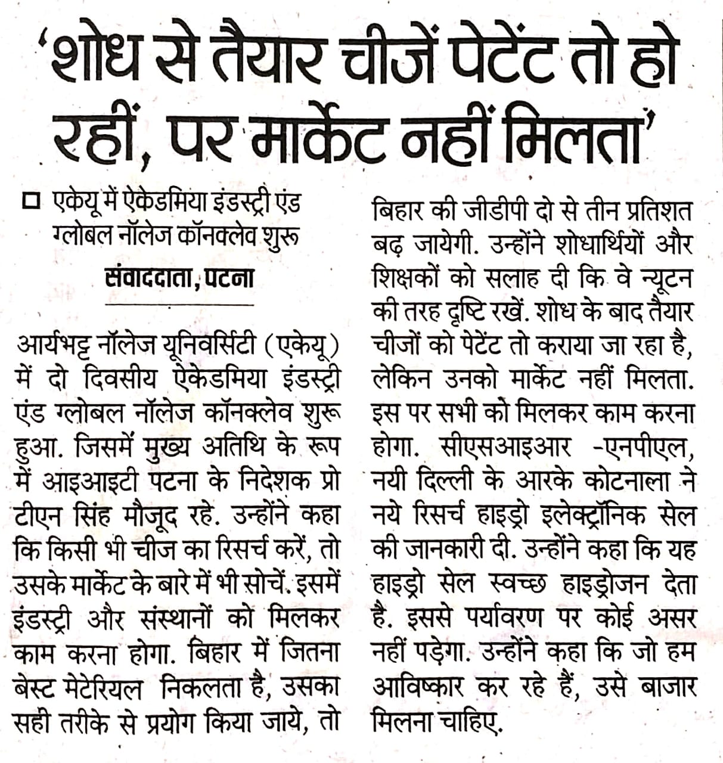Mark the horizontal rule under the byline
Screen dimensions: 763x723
click(x=179, y=304)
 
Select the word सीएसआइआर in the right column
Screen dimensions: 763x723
click(x=504, y=446)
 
